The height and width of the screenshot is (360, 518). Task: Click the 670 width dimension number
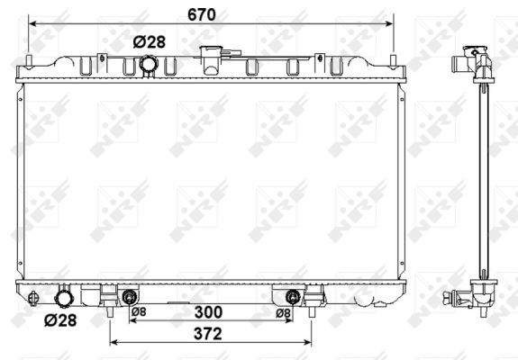[202, 14]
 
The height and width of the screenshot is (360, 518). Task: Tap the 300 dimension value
[208, 312]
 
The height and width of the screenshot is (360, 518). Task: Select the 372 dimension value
[208, 334]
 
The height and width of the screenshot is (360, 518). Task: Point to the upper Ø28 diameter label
[150, 42]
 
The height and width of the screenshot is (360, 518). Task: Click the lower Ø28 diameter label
[60, 320]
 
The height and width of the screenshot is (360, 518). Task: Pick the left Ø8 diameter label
[139, 311]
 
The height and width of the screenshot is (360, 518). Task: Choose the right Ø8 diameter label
[284, 313]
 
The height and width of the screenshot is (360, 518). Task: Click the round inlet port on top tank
[149, 64]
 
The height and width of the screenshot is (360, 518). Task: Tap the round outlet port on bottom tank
[64, 298]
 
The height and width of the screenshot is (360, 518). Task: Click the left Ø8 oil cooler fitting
[130, 297]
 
